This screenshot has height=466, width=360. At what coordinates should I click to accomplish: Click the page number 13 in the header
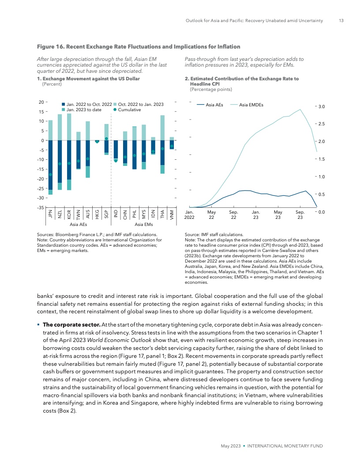point(341,20)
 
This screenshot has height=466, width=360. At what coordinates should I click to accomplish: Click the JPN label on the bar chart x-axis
point(50,214)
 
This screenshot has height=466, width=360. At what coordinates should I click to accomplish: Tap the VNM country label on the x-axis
point(172,214)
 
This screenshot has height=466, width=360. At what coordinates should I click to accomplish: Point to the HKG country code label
point(97,214)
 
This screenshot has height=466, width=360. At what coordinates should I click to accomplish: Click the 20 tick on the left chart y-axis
point(41,102)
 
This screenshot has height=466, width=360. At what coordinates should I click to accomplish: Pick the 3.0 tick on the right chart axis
point(322,106)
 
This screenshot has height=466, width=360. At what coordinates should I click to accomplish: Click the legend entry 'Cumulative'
point(127,109)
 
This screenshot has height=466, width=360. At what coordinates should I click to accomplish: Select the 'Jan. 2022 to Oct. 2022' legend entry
point(86,104)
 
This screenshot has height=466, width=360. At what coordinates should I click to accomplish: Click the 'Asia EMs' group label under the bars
point(143,225)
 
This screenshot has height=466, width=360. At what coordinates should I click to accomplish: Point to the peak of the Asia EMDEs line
point(300,109)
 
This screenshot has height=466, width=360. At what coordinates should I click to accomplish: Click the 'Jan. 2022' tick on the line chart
point(189,214)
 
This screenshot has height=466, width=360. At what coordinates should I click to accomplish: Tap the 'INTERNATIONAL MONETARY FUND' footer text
point(285,446)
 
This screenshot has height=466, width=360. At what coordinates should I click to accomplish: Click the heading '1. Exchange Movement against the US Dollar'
point(90,79)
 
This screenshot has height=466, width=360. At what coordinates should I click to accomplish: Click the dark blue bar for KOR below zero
point(69,160)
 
